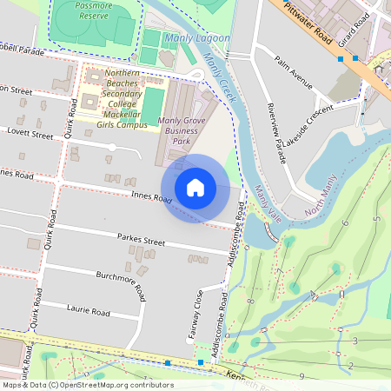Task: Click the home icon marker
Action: [x=195, y=188]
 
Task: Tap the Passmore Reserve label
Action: [x=93, y=10]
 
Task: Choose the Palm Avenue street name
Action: [x=293, y=74]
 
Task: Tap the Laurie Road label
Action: [x=89, y=310]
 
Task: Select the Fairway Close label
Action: [x=198, y=314]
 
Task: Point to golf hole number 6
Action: [x=346, y=223]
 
